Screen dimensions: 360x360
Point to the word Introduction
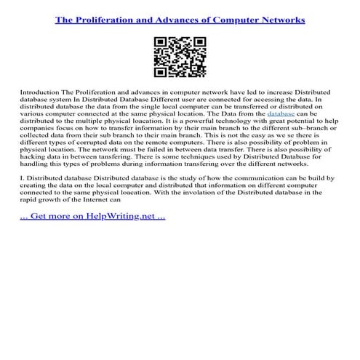(x=40, y=95)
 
